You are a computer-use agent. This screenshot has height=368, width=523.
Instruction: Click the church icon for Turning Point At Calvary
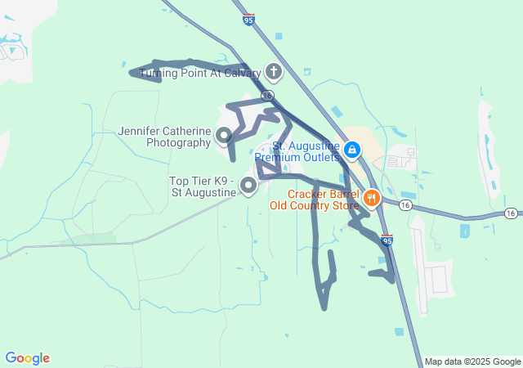pyautogui.click(x=273, y=73)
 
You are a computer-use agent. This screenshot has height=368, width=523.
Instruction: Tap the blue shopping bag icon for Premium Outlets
pyautogui.click(x=352, y=150)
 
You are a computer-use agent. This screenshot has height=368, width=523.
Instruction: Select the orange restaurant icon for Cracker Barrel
pyautogui.click(x=371, y=197)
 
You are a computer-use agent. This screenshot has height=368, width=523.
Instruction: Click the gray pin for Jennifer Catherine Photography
pyautogui.click(x=222, y=133)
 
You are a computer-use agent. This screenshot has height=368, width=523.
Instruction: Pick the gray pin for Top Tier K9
pyautogui.click(x=248, y=187)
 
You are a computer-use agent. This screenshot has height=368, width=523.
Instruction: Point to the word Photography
pyautogui.click(x=178, y=143)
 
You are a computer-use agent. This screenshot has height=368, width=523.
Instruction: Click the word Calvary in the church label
pyautogui.click(x=237, y=74)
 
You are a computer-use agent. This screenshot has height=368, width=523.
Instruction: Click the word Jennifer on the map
pyautogui.click(x=141, y=131)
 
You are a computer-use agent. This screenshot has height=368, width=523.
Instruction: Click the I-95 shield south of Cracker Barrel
pyautogui.click(x=387, y=240)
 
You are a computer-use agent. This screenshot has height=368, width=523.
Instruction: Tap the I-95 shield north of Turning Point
pyautogui.click(x=248, y=19)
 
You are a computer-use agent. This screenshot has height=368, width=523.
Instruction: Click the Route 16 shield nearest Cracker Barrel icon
pyautogui.click(x=405, y=205)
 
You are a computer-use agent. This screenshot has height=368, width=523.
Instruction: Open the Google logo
pyautogui.click(x=27, y=358)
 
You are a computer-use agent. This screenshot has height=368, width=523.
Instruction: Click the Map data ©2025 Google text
pyautogui.click(x=472, y=361)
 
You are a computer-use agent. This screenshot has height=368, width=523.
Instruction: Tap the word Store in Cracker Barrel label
pyautogui.click(x=343, y=205)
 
